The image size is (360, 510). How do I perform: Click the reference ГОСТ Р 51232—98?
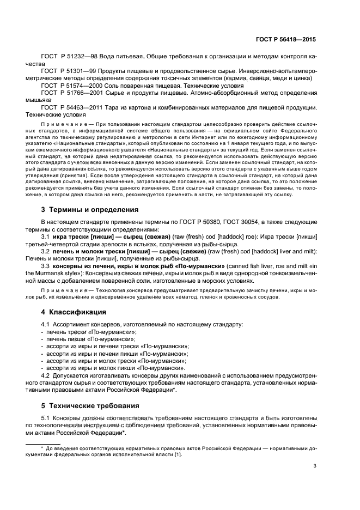(x=66, y=57)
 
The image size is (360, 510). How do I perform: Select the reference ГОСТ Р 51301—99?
(x=66, y=71)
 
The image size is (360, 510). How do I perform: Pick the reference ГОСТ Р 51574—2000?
(x=69, y=86)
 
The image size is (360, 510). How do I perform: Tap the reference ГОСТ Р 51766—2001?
(x=69, y=93)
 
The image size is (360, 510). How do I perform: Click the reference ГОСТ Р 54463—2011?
(x=69, y=108)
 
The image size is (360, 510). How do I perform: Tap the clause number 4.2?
(x=46, y=376)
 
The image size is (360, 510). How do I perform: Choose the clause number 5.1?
(x=46, y=418)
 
